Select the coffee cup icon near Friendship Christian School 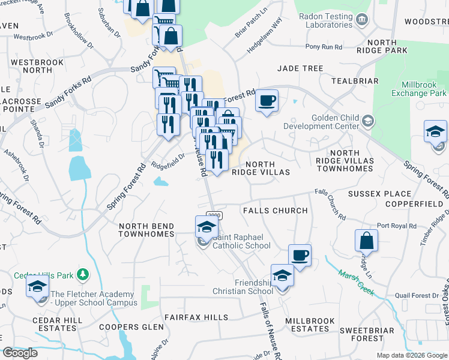point(300,254)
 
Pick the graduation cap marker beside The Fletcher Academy point(37,287)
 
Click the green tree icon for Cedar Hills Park point(83,275)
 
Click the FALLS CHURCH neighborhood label point(275,211)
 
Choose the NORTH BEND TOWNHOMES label point(146,230)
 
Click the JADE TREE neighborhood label point(300,69)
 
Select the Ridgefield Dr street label point(168,155)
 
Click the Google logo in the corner point(20,353)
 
